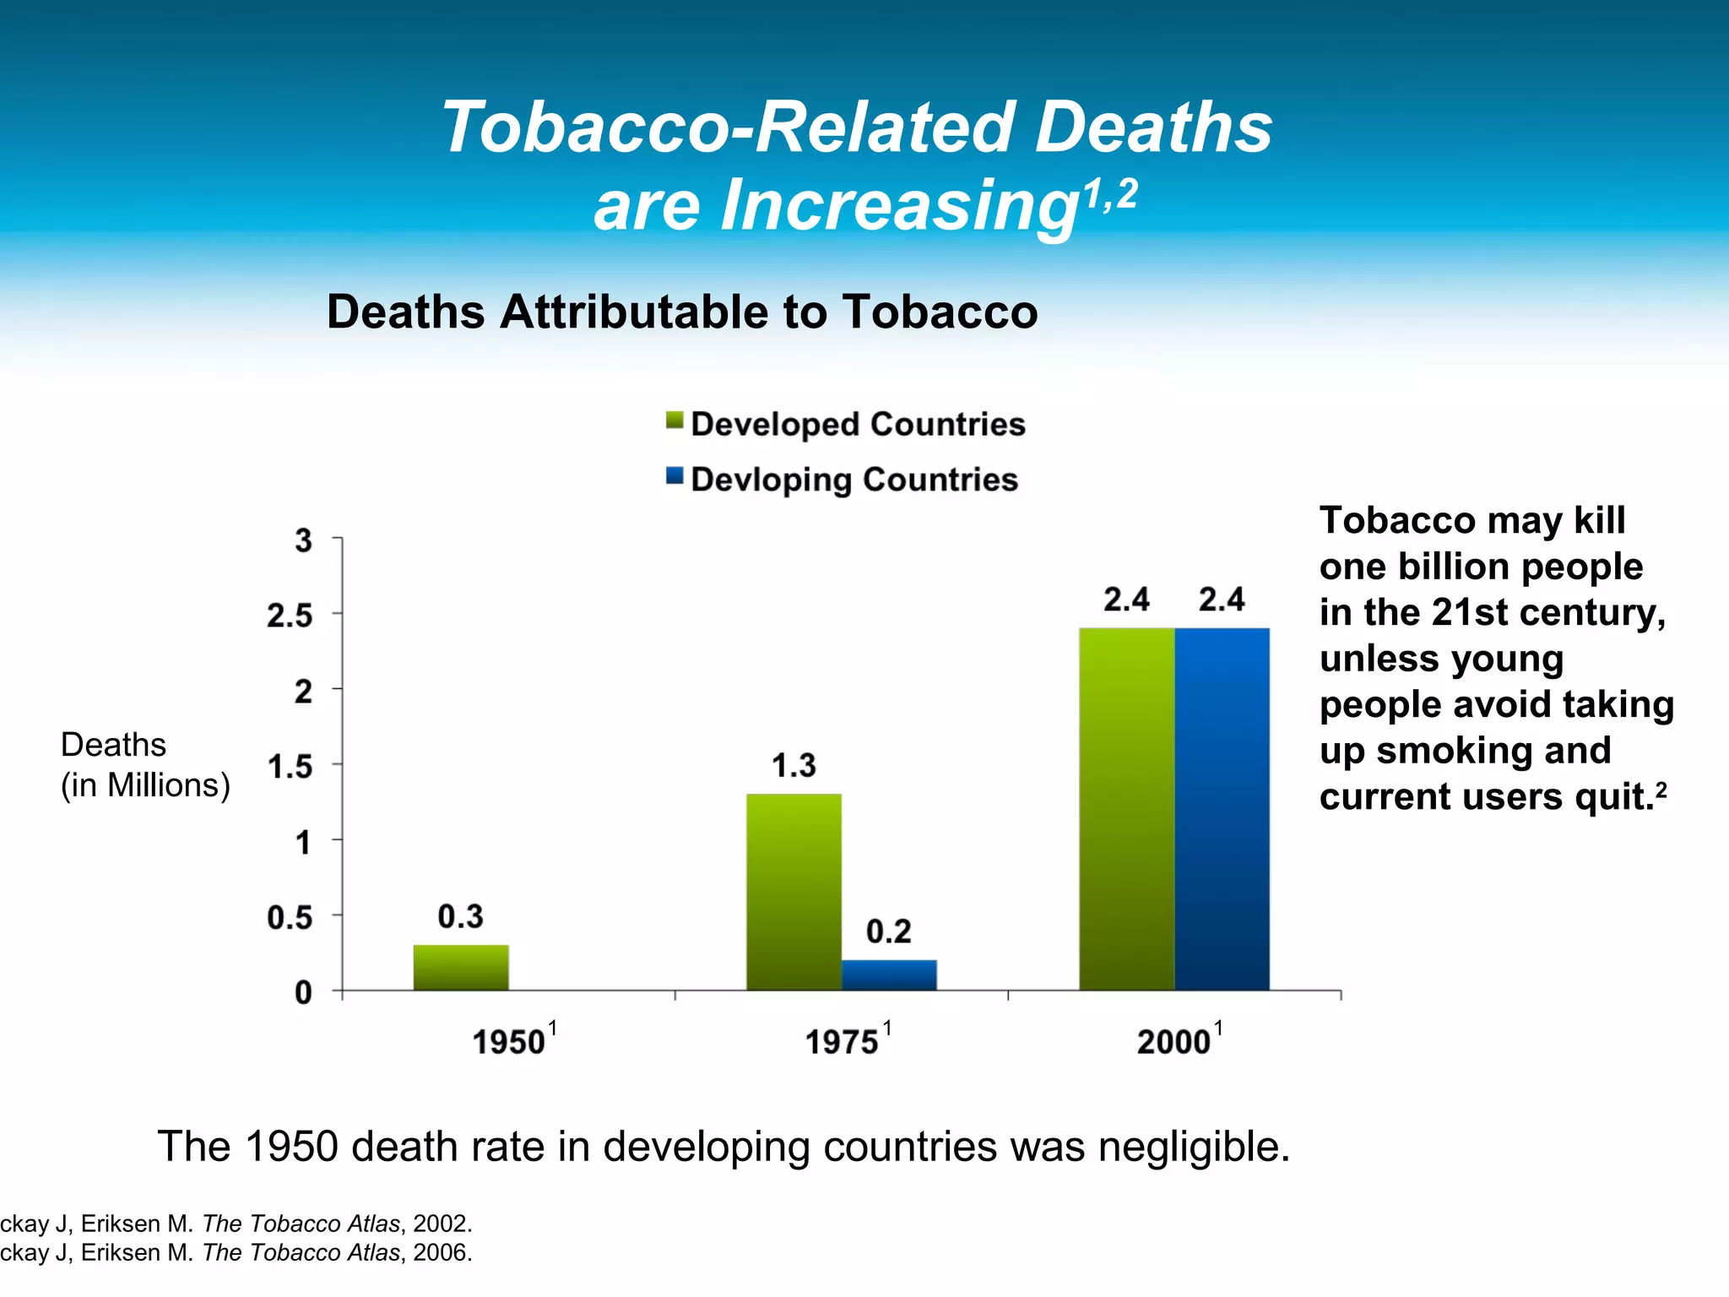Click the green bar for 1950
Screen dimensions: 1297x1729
tap(461, 968)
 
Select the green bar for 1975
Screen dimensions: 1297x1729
tap(794, 892)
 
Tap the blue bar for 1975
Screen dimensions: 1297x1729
tap(889, 974)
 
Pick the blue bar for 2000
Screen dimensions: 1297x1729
tap(1222, 809)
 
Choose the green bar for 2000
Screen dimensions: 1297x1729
tap(1126, 809)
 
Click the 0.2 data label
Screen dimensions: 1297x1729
tap(889, 931)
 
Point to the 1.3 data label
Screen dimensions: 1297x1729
tap(794, 766)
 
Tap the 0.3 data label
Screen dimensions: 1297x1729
tap(461, 916)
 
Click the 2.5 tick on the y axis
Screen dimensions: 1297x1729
tap(290, 616)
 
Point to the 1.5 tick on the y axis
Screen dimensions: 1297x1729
tap(290, 767)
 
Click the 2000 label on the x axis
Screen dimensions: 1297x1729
tap(1174, 1042)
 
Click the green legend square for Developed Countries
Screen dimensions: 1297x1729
tap(674, 421)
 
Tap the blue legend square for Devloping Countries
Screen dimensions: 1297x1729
tap(674, 476)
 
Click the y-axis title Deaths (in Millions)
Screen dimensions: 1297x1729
tap(144, 765)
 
